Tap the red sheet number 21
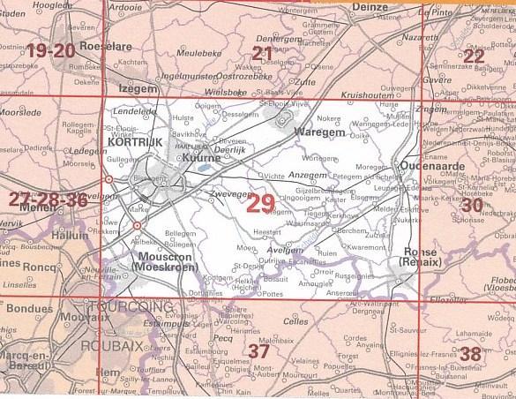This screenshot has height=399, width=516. coord(262,54)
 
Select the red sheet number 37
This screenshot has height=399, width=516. coord(258,350)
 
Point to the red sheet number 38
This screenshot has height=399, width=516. coord(472,354)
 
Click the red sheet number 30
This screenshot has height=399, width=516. coord(473,205)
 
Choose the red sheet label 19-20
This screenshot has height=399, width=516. coord(50,50)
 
